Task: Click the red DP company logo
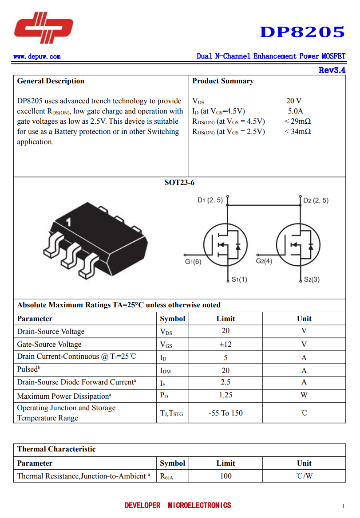[43, 27]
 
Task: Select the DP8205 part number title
[302, 32]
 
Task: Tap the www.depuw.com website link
[37, 56]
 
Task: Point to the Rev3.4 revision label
[332, 70]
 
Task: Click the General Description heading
[51, 81]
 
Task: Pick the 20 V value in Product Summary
[294, 101]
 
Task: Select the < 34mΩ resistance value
[297, 132]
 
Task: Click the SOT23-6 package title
[179, 183]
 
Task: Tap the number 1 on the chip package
[69, 222]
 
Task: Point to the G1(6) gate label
[193, 262]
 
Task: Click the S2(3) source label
[312, 279]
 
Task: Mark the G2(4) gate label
[264, 261]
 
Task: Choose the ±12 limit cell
[225, 344]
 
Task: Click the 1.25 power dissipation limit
[225, 395]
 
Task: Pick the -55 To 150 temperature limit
[225, 413]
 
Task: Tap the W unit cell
[304, 395]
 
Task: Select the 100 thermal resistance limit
[225, 476]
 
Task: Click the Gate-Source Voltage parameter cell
[49, 345]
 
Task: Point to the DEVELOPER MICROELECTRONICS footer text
[178, 506]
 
